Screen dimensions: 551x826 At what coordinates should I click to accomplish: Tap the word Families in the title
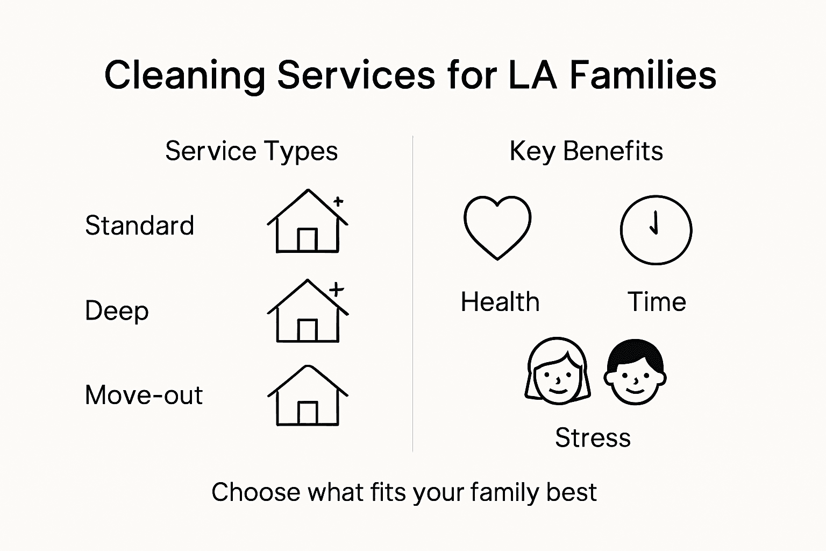tap(643, 75)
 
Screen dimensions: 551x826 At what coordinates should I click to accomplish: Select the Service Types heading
tap(251, 151)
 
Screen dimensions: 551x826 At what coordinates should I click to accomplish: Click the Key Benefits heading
tap(586, 151)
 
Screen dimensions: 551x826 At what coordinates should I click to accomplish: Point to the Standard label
tap(139, 225)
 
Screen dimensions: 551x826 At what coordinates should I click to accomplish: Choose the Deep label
tap(117, 311)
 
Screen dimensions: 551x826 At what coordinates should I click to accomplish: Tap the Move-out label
tap(144, 395)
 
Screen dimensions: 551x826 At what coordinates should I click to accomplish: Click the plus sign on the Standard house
tap(338, 202)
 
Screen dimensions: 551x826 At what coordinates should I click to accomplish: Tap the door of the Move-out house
tap(308, 413)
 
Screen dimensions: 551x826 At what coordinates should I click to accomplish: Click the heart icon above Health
tap(497, 227)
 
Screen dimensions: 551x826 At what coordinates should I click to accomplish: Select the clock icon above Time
tap(656, 230)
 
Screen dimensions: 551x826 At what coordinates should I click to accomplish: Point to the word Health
tap(500, 302)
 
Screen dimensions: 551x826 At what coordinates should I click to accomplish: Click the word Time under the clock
tap(657, 302)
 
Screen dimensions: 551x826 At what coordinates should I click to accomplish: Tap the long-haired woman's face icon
tap(557, 371)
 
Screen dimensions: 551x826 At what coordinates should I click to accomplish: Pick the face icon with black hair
tap(635, 372)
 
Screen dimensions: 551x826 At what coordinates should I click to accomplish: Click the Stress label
tap(593, 437)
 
